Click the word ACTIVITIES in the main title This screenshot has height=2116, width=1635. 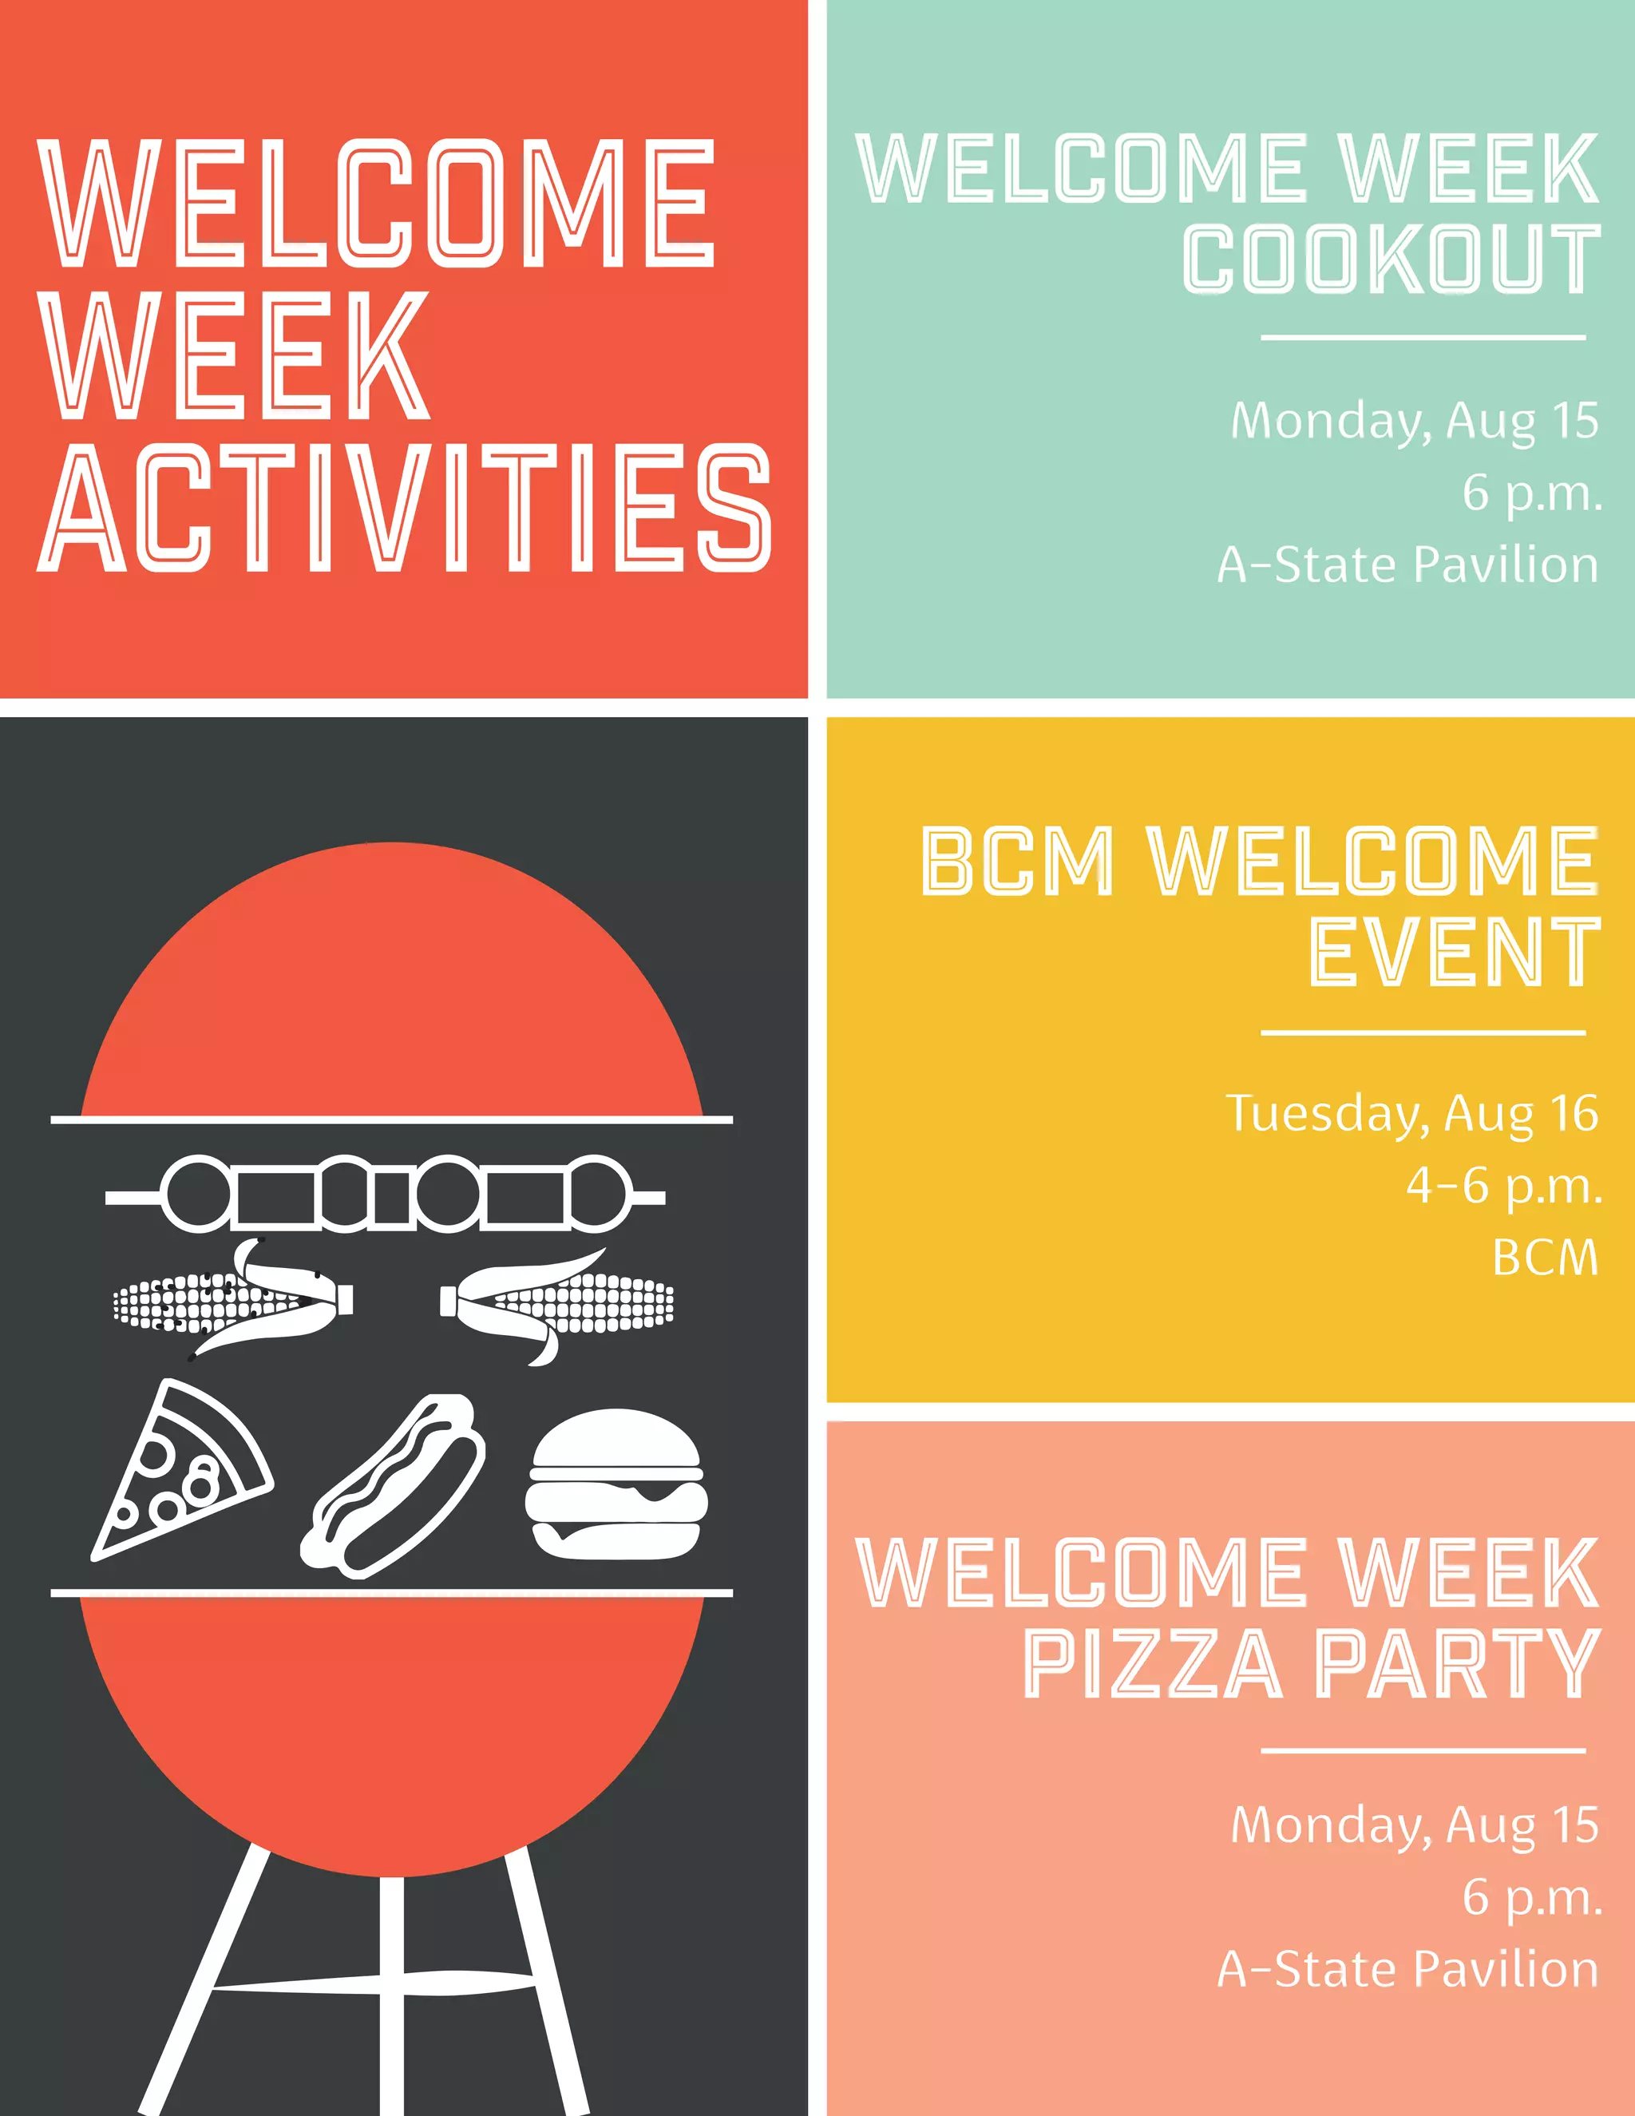click(x=405, y=508)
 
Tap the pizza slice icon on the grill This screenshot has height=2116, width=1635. click(x=180, y=1472)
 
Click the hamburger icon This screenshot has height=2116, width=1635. click(x=616, y=1484)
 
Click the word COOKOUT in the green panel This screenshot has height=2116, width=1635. click(x=1391, y=259)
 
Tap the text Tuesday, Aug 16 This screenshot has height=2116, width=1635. click(x=1411, y=1112)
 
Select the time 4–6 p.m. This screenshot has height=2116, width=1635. click(x=1503, y=1185)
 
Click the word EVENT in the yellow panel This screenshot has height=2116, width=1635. click(x=1453, y=953)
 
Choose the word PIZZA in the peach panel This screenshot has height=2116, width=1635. click(x=1153, y=1665)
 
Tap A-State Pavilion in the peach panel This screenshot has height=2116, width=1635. click(x=1407, y=1970)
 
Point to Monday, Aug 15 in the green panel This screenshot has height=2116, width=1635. click(x=1414, y=421)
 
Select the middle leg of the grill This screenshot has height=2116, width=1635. click(x=391, y=1996)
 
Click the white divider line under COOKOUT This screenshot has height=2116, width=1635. click(x=1422, y=338)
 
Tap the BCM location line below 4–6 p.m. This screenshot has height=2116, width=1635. click(x=1545, y=1258)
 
